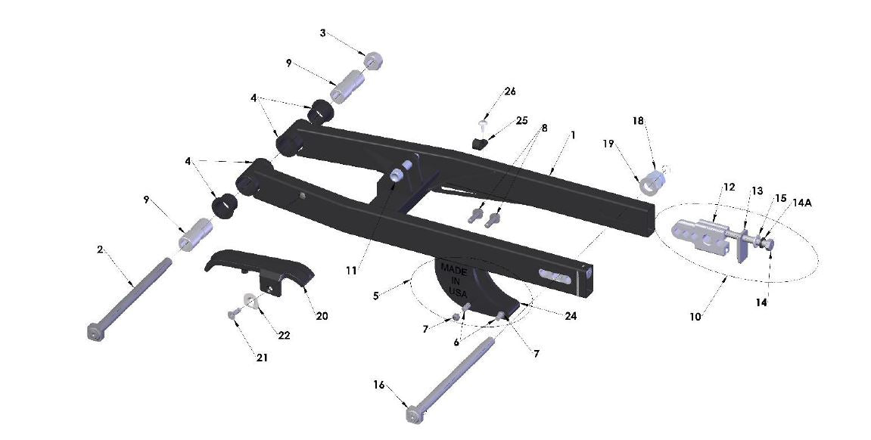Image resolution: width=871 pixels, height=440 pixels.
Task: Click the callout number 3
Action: (x=323, y=33)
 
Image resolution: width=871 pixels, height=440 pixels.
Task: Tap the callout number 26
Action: (x=510, y=91)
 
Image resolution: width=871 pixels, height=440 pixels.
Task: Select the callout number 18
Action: (x=638, y=121)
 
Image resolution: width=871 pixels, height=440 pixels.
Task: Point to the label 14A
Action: (x=803, y=203)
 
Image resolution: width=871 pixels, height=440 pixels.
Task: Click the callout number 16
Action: (x=378, y=385)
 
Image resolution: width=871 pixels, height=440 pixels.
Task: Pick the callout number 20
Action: (x=322, y=316)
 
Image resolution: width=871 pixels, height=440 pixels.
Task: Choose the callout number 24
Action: (x=571, y=316)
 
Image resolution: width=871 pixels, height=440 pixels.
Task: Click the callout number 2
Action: (x=100, y=249)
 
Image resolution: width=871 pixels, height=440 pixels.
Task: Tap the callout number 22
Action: (x=284, y=336)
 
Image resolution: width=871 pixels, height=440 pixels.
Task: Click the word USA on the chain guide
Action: (x=458, y=291)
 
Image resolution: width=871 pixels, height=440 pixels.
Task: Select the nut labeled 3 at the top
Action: (x=372, y=60)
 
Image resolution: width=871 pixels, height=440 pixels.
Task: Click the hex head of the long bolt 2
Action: (x=94, y=333)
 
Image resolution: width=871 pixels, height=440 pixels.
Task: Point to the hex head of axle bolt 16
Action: (x=413, y=415)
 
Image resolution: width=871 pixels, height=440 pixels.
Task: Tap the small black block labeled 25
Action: (x=478, y=142)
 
